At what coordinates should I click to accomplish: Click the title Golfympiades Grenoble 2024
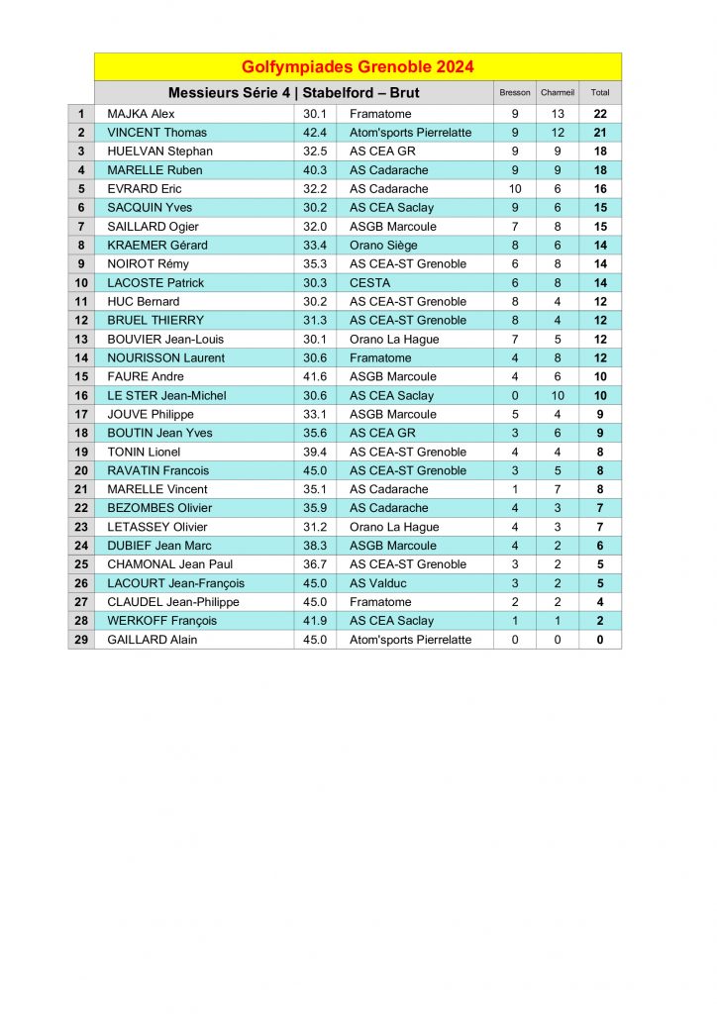[x=358, y=67]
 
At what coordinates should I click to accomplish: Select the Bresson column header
[x=515, y=93]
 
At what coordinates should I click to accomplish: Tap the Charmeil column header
[x=558, y=93]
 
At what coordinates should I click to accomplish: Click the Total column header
[x=600, y=93]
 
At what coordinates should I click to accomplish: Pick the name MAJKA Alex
[x=141, y=114]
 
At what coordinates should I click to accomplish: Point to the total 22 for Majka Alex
[x=600, y=114]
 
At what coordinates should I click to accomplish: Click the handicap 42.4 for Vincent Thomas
[x=315, y=133]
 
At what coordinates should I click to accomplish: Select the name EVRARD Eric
[x=145, y=189]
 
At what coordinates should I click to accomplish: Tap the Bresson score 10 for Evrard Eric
[x=515, y=189]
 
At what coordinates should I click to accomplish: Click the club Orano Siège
[x=383, y=246]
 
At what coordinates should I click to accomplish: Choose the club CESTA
[x=370, y=283]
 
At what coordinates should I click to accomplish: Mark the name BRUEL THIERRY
[x=155, y=321]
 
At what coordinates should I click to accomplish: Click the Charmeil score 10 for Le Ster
[x=558, y=396]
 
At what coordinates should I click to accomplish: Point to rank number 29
[x=81, y=640]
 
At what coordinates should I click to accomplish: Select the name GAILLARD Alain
[x=153, y=640]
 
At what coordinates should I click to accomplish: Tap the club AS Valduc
[x=378, y=583]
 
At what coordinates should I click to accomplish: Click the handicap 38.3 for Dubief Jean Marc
[x=315, y=546]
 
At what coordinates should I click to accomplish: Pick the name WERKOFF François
[x=161, y=621]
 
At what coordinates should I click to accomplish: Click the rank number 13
[x=81, y=340]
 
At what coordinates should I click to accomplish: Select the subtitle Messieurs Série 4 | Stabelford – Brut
[x=293, y=93]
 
